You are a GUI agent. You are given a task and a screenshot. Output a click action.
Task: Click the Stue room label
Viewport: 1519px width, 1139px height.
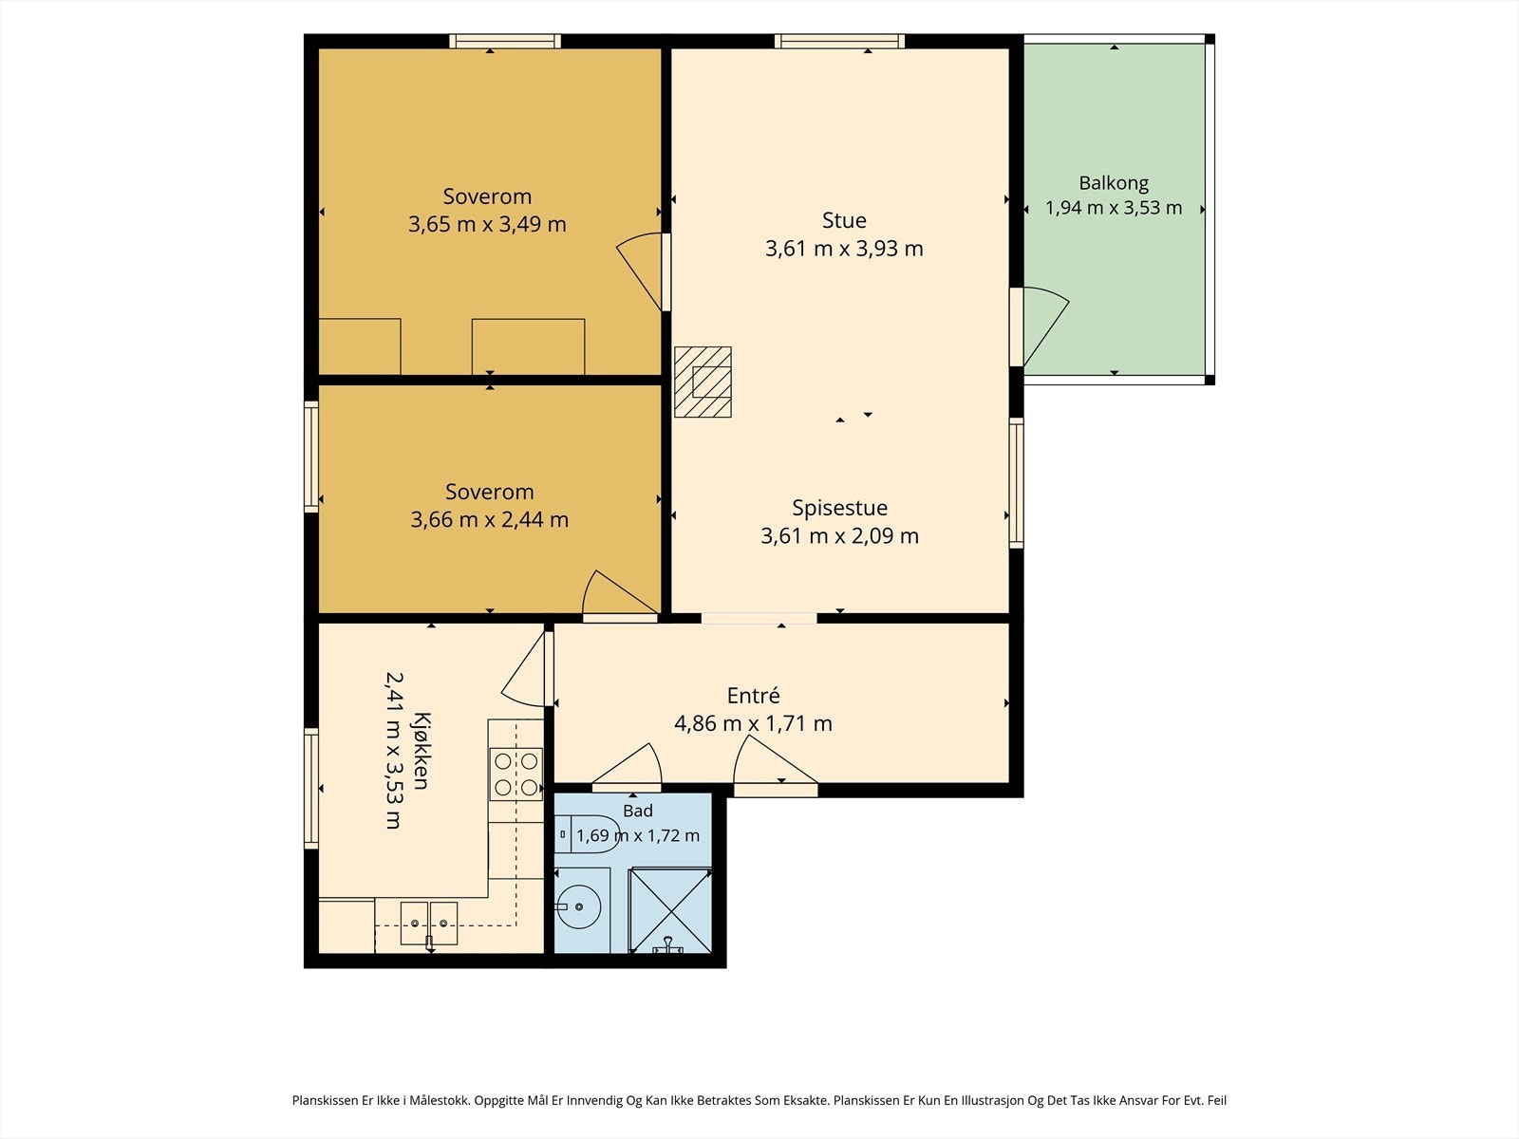pos(844,220)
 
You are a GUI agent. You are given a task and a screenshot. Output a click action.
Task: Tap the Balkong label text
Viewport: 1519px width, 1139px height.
pos(1114,183)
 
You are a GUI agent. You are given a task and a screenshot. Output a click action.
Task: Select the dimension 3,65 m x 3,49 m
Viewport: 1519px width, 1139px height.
pos(487,224)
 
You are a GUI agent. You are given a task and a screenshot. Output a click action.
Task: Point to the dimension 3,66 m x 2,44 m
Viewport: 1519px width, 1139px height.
pos(489,519)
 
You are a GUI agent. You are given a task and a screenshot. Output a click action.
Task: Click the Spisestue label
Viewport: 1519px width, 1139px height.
pos(839,509)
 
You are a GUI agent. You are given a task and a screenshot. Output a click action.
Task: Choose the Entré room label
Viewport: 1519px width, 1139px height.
pos(753,695)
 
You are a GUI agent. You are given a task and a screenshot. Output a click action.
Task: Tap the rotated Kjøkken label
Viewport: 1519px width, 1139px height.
pos(421,751)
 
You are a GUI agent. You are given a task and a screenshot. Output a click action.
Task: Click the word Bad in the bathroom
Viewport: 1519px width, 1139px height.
pos(637,811)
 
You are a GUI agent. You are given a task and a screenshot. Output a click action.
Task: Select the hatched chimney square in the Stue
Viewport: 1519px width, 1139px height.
pos(703,382)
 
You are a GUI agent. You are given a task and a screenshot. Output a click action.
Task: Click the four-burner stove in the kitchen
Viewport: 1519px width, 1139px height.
pos(516,775)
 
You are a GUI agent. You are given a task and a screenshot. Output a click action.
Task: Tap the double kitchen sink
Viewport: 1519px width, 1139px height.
pos(429,924)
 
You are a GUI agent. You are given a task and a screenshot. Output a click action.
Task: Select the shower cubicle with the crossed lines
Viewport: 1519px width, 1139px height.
pos(669,910)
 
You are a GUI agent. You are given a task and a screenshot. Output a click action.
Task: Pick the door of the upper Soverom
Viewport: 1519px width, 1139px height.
pos(640,271)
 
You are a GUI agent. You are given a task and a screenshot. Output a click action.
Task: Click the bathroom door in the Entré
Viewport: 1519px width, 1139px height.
pos(628,765)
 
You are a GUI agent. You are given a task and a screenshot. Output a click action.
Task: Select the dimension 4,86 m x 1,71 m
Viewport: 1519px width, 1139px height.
pos(753,723)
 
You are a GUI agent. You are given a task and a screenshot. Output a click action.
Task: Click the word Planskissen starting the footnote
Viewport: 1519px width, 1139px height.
pos(326,1099)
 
